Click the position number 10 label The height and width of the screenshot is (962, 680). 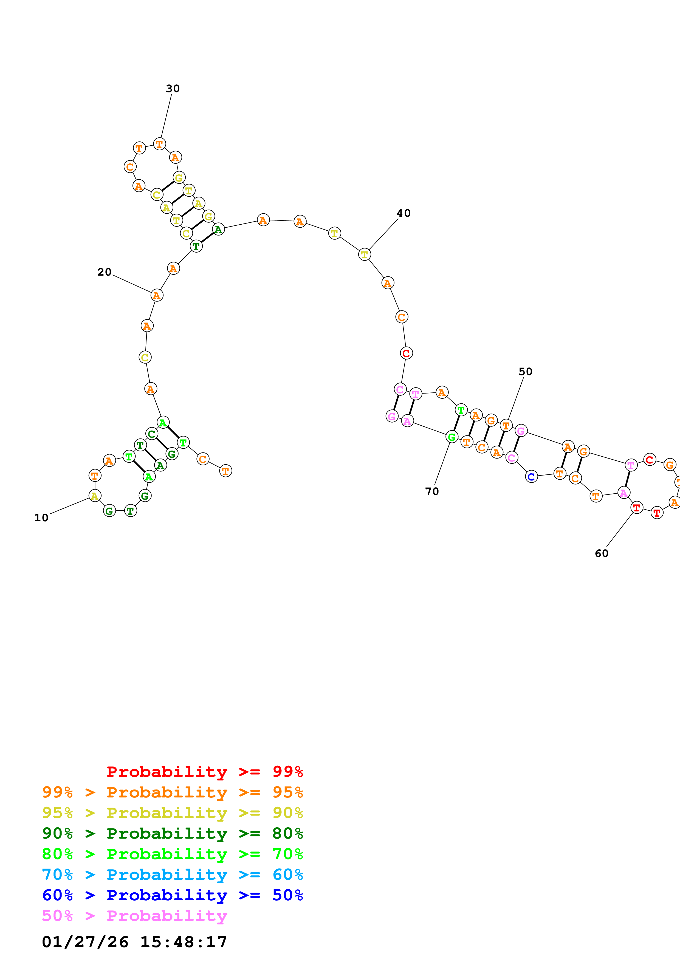[41, 518]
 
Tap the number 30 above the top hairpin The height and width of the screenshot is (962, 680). [173, 89]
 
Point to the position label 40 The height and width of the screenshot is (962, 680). [404, 213]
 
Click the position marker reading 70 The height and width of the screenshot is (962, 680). [431, 491]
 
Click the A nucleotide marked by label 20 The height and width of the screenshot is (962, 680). [157, 295]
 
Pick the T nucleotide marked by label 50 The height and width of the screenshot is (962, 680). [506, 426]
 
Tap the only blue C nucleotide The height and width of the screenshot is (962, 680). [531, 477]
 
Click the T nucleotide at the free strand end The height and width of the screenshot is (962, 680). [225, 471]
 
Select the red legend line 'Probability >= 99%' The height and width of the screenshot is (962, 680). [204, 772]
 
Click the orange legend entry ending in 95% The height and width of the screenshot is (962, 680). [172, 792]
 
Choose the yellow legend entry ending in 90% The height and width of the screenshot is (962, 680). [172, 813]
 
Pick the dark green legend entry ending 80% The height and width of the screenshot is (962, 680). [172, 833]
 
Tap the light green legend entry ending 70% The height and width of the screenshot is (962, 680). [172, 854]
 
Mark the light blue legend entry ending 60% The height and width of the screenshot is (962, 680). [172, 875]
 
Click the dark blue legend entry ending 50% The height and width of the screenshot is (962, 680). [172, 895]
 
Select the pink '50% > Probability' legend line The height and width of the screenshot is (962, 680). [134, 915]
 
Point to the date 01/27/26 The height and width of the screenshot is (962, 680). [85, 942]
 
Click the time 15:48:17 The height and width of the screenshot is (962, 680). [184, 942]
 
